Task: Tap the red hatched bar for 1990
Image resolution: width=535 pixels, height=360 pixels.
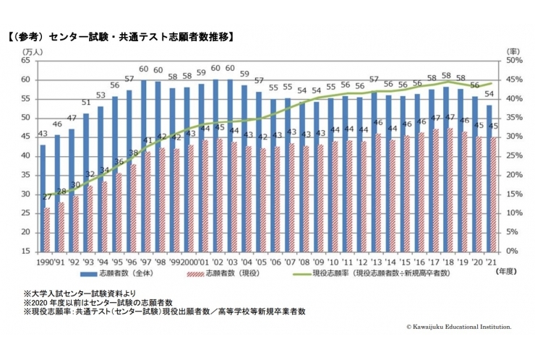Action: [x=48, y=229]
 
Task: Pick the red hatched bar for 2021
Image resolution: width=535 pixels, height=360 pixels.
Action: [x=494, y=194]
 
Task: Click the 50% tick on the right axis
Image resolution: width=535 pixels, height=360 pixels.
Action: [x=515, y=61]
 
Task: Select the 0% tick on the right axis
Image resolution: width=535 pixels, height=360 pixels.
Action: [x=513, y=251]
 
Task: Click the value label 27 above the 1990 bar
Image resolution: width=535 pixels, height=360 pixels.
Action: [x=48, y=197]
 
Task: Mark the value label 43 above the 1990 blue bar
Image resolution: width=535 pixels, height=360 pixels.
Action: [x=43, y=134]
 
